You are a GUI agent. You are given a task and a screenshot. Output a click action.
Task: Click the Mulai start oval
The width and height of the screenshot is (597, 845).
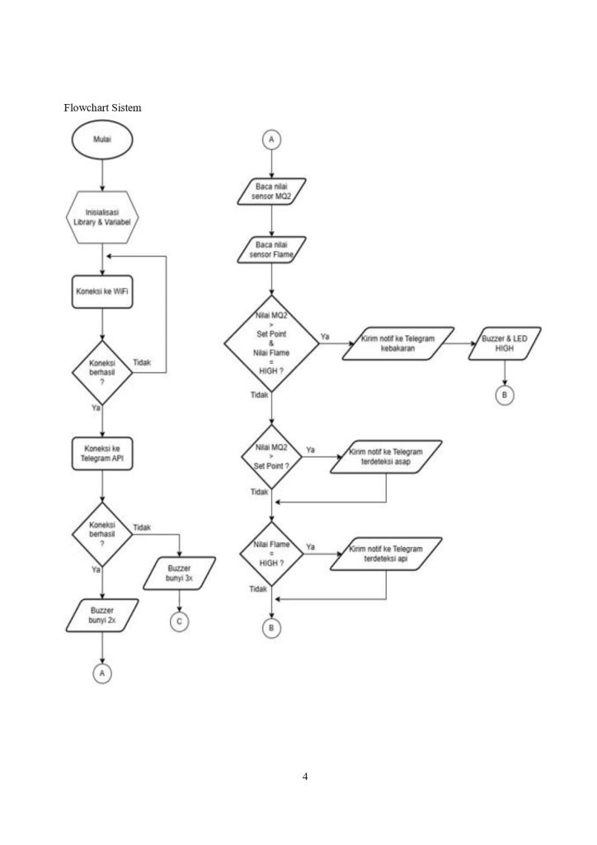102,141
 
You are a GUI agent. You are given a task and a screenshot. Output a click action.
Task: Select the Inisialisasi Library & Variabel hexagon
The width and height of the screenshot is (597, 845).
102,218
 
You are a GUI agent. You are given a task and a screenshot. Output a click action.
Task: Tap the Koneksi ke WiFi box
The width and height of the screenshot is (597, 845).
102,292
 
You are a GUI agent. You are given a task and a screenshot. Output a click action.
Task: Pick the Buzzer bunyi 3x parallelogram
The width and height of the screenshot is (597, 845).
180,574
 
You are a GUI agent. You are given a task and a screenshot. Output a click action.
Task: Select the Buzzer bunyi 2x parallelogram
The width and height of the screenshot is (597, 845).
102,615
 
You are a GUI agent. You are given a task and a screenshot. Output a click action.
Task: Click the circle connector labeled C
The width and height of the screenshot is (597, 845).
180,621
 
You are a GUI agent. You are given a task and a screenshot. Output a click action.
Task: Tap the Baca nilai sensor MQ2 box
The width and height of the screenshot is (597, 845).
271,191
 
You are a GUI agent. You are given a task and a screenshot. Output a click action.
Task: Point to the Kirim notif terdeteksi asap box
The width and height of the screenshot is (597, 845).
386,457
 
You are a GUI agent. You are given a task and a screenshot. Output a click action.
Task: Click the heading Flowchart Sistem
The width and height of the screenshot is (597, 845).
102,107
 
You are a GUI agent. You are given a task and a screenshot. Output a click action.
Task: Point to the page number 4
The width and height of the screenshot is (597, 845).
305,777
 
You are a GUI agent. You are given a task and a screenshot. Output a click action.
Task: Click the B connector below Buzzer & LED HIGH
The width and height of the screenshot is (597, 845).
505,396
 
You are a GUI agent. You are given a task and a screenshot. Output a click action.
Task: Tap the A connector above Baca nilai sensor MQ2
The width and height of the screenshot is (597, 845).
271,139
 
